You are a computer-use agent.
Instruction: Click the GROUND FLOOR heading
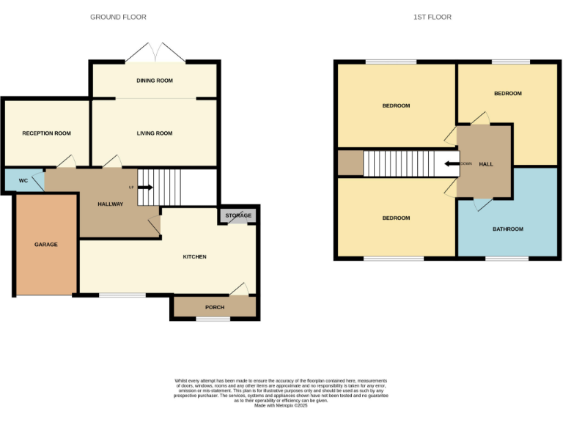click(118, 17)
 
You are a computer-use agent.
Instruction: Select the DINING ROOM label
click(155, 81)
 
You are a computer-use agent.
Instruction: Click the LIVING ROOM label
click(155, 133)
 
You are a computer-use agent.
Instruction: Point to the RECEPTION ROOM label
click(46, 133)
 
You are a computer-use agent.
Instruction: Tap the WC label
click(23, 179)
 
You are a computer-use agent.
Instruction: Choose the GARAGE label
click(45, 245)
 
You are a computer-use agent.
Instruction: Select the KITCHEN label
click(194, 256)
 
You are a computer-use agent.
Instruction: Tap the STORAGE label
click(238, 215)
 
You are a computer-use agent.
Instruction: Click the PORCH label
click(215, 308)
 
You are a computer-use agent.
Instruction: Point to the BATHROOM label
click(507, 229)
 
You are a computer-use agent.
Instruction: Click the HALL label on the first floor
click(486, 164)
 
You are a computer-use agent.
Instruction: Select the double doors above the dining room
click(155, 53)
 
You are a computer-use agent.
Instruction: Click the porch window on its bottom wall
click(213, 319)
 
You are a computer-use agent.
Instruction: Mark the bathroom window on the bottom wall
click(507, 258)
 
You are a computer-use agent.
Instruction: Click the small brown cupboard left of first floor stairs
click(350, 163)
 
